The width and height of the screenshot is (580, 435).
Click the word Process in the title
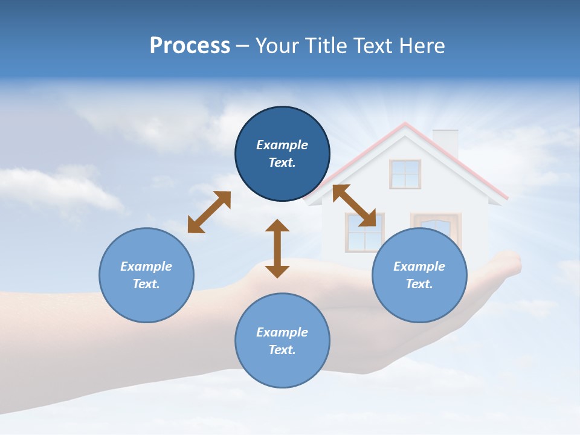tap(190, 46)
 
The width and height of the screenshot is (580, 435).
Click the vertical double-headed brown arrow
tap(277, 248)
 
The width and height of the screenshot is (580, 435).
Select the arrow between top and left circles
tap(209, 212)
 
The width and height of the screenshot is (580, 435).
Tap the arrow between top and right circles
tap(355, 206)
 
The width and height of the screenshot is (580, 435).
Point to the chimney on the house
tap(445, 141)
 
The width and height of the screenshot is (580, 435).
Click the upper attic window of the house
tap(405, 174)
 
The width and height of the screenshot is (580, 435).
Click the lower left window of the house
tap(364, 233)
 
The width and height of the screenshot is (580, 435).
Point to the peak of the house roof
tap(405, 124)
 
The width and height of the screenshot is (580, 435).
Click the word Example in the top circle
tap(282, 145)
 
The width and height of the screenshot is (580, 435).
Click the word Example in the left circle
tap(146, 266)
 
